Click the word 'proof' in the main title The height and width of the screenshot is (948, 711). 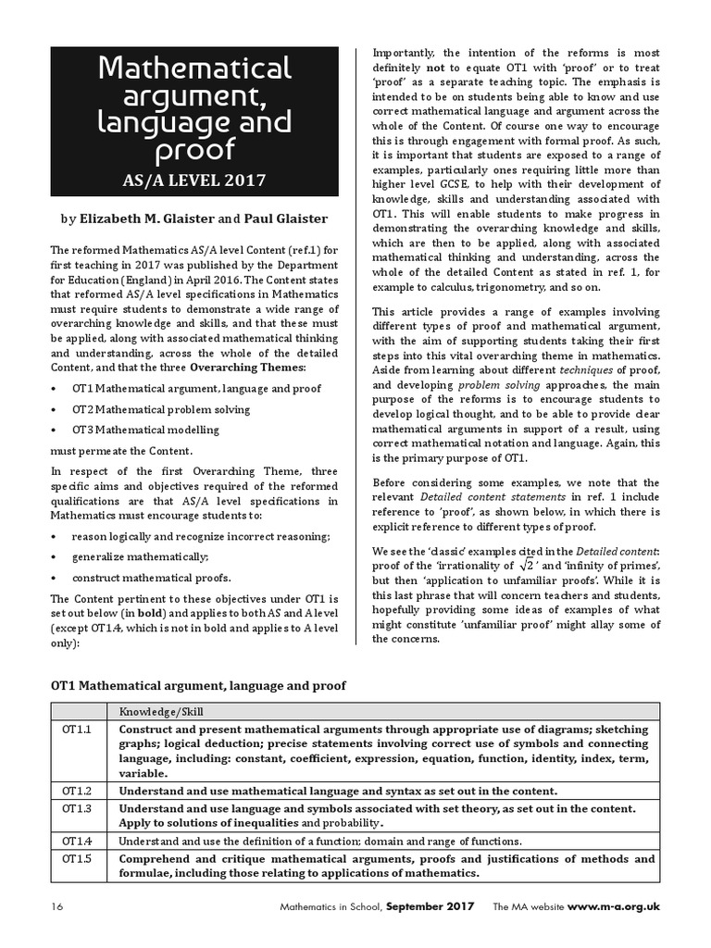(197, 150)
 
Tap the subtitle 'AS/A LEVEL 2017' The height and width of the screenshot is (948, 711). (197, 180)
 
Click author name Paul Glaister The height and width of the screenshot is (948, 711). (290, 220)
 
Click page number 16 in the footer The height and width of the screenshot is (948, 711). (58, 906)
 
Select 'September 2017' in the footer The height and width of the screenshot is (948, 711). (430, 906)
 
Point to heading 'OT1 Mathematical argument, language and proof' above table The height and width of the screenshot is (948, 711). (197, 685)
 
